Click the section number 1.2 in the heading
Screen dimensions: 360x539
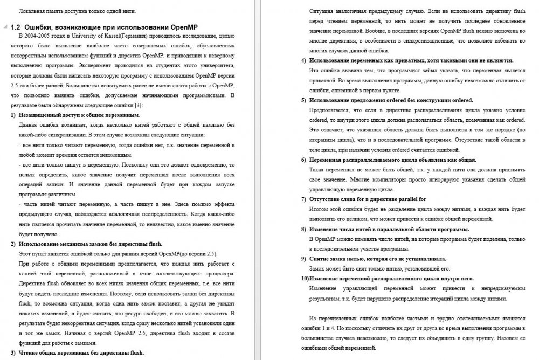(x=16, y=26)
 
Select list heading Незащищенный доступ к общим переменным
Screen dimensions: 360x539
(x=79, y=115)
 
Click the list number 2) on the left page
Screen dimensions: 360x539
(x=13, y=244)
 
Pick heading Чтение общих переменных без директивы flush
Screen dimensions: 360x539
(x=81, y=353)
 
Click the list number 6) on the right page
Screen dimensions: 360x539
(x=303, y=160)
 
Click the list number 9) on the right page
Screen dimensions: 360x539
(x=303, y=258)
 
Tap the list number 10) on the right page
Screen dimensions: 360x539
(x=305, y=278)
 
